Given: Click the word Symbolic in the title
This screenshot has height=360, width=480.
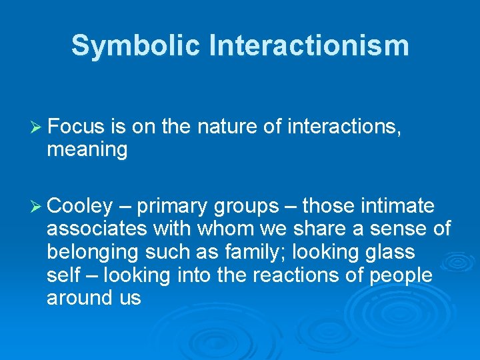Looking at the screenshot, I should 135,46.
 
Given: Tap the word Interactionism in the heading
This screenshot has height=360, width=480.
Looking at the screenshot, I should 308,46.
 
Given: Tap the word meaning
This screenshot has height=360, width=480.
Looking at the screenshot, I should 87,150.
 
